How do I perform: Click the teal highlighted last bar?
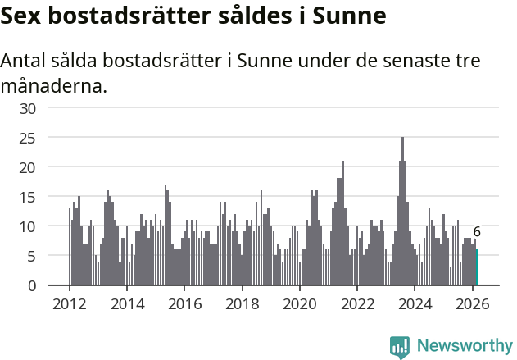point(477,267)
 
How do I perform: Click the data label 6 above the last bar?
point(477,232)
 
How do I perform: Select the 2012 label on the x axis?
point(69,303)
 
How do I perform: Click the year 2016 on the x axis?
point(184,303)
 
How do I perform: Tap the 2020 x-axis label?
point(299,303)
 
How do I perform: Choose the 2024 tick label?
point(415,303)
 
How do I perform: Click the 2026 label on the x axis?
point(472,303)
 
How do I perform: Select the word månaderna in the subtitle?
point(54,85)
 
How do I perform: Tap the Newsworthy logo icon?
point(400,346)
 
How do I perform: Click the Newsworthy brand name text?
point(464,346)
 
